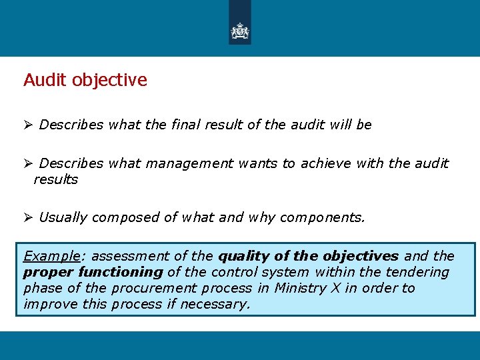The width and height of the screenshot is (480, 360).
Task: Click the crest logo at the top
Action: click(x=239, y=31)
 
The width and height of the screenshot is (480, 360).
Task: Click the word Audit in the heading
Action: click(x=45, y=80)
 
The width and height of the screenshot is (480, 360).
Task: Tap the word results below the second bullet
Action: click(x=56, y=179)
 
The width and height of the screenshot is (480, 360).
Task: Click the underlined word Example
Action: click(x=51, y=257)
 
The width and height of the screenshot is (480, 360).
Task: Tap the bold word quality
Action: click(x=244, y=257)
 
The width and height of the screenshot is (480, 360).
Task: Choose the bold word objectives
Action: click(x=361, y=257)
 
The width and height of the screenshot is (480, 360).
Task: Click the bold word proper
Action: click(x=48, y=273)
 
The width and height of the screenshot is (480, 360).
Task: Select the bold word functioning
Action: click(x=121, y=272)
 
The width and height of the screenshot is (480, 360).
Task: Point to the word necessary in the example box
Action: click(x=217, y=305)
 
